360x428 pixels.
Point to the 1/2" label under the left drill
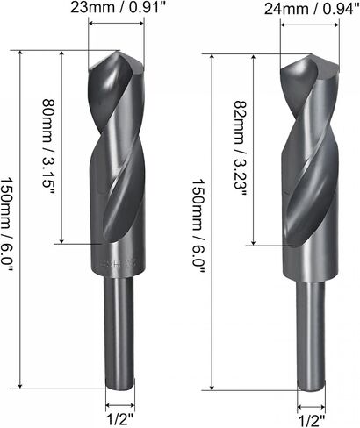point(120,419)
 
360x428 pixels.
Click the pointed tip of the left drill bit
point(119,51)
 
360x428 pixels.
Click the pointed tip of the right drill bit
point(311,54)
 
